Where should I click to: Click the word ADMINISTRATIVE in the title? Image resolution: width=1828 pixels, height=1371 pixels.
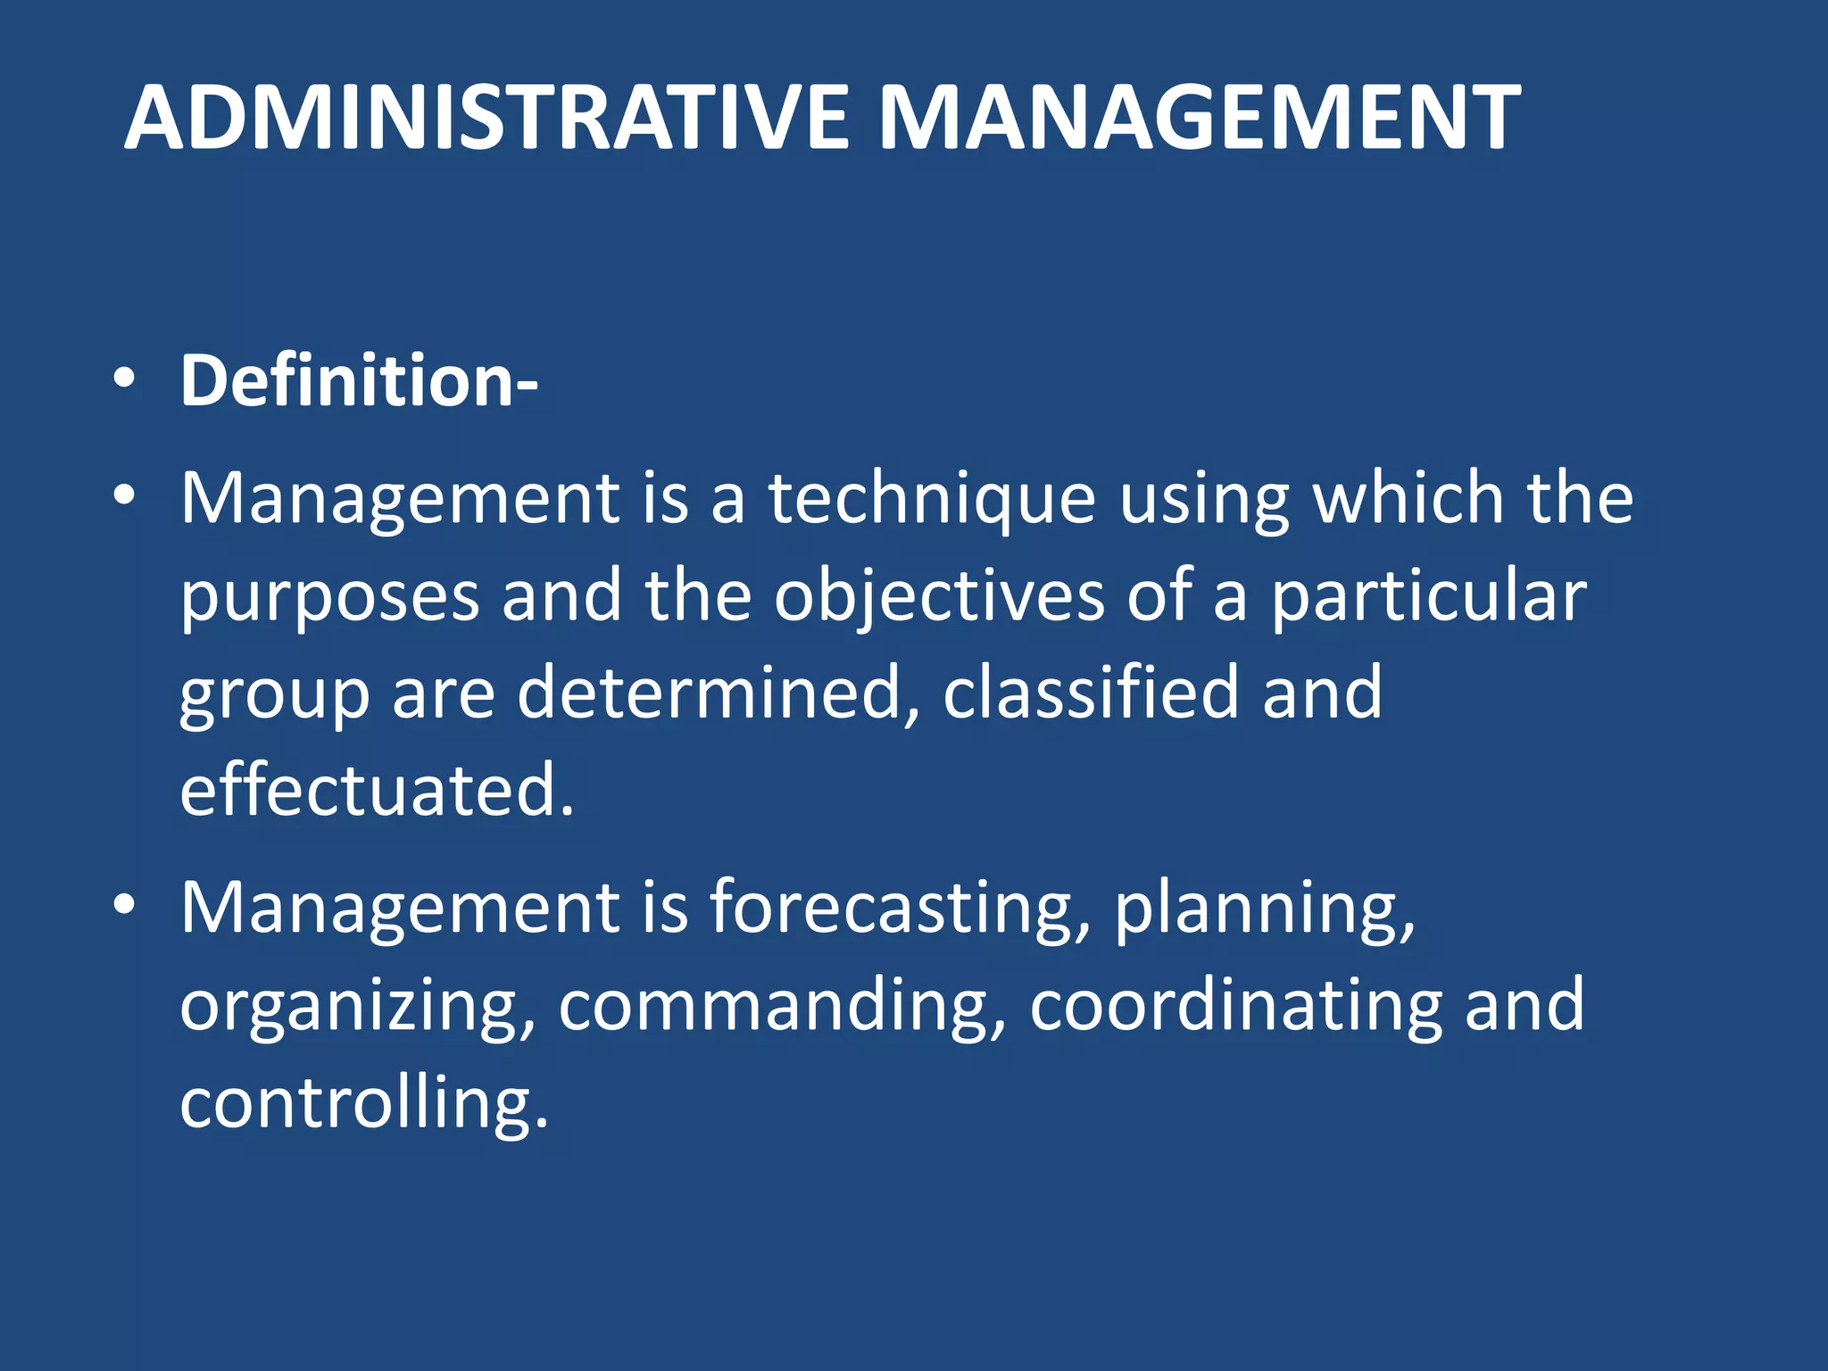486,118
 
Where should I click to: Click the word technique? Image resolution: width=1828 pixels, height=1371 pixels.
932,498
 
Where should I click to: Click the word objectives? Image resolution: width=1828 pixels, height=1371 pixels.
939,598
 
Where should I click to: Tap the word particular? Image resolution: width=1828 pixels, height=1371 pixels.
1428,598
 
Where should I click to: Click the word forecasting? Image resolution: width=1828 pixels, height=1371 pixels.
900,909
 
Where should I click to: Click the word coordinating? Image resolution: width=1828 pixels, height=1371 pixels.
1236,1007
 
